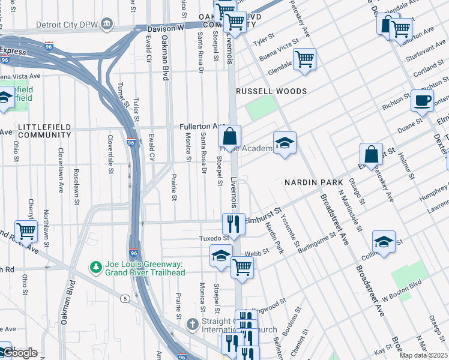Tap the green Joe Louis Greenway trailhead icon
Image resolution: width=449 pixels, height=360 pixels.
[x=94, y=266]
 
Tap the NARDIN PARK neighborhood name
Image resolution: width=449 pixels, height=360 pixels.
[x=313, y=182]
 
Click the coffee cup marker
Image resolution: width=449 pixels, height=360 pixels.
[x=421, y=100]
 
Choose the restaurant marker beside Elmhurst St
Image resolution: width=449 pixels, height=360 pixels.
[x=233, y=224]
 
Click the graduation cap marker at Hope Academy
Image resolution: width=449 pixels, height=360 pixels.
[x=285, y=143]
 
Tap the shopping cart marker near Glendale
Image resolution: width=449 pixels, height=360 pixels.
[x=304, y=59]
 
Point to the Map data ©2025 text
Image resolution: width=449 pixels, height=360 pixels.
[x=423, y=355]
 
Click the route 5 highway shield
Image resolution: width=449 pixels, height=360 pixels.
[x=124, y=298]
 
